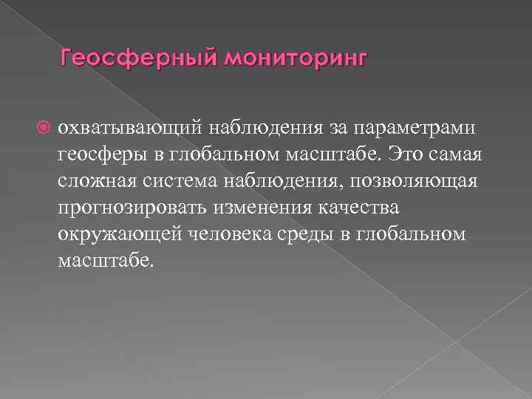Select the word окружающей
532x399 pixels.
(x=112, y=233)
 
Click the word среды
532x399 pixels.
(x=300, y=233)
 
